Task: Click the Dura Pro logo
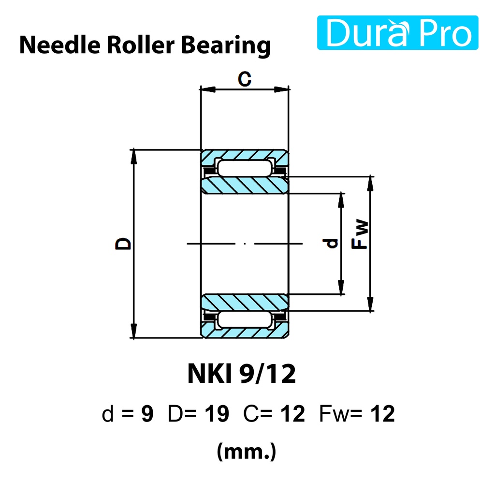click(x=397, y=33)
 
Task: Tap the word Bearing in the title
click(x=226, y=46)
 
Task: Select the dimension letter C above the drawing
click(x=245, y=79)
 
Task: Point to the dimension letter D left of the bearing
click(x=123, y=244)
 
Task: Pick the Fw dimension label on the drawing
click(x=360, y=234)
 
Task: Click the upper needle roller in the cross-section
click(x=245, y=168)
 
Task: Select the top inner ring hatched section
click(x=245, y=185)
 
